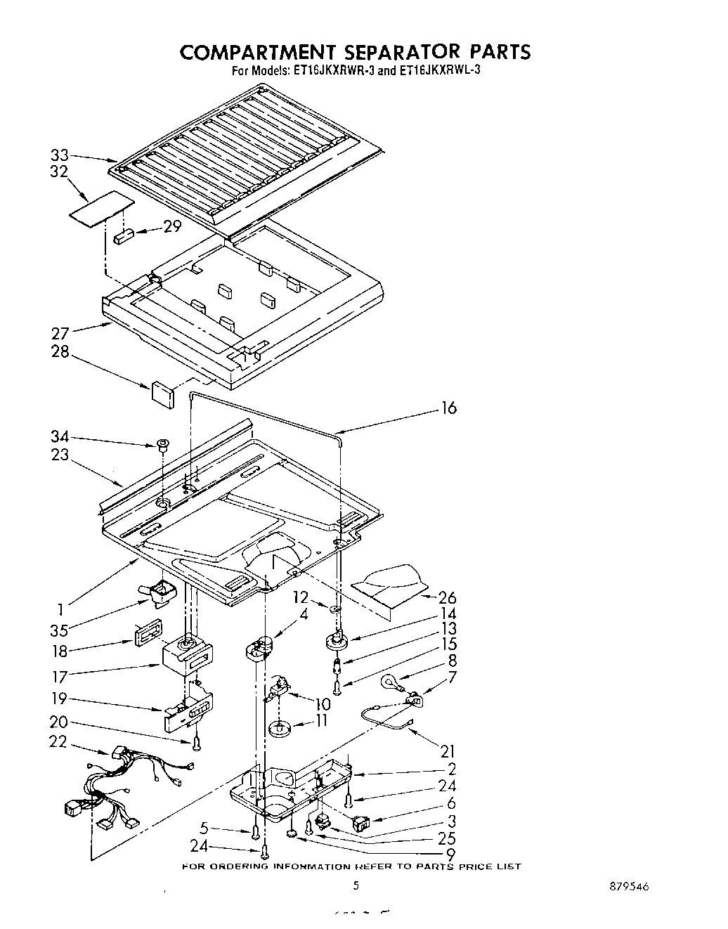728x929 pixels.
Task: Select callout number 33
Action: (60, 155)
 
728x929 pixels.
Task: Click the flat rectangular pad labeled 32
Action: (101, 209)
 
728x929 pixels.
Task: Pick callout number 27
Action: (61, 333)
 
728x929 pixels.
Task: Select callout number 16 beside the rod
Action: (448, 408)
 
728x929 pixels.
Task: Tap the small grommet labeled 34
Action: (162, 443)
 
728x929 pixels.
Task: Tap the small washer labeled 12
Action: (336, 606)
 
